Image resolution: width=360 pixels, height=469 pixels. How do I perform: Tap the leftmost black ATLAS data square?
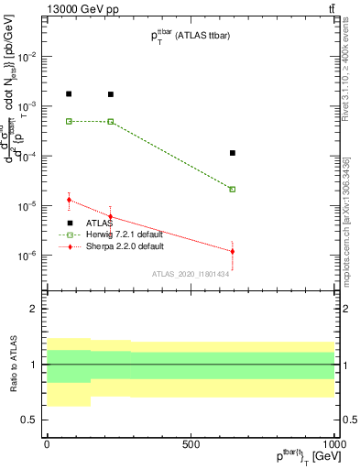coord(69,93)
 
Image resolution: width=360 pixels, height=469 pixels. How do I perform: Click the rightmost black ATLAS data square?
coord(233,153)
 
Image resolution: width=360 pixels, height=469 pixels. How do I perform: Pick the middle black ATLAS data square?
coord(111,94)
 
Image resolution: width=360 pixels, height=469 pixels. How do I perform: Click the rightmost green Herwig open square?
coord(233,190)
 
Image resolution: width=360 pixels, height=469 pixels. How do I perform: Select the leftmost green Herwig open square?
coord(69,121)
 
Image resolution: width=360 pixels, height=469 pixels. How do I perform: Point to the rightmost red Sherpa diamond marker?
coord(233,251)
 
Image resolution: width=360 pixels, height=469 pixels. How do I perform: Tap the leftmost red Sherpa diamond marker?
coord(69,200)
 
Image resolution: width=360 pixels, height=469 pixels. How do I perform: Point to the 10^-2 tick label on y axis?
coord(27,57)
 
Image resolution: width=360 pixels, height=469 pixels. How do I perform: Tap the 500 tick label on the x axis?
coord(191,443)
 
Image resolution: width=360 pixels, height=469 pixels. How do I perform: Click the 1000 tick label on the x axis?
coord(333,443)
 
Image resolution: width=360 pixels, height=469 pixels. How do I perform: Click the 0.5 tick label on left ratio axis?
coord(30,420)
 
